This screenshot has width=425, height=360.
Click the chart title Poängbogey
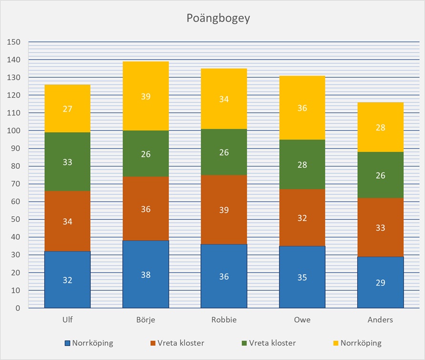(212, 19)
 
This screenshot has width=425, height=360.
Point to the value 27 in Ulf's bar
(67, 108)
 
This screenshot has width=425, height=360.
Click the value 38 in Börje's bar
(145, 275)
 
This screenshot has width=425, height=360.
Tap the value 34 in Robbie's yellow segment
(224, 99)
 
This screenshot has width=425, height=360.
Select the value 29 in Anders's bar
(380, 282)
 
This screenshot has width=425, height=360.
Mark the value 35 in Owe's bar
(302, 277)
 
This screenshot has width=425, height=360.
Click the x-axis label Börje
(145, 320)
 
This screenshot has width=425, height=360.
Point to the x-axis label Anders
(380, 320)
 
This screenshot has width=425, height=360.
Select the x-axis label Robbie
(224, 320)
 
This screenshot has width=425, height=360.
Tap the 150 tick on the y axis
(14, 42)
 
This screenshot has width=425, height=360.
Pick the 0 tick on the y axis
(18, 308)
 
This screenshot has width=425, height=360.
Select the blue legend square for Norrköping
(68, 343)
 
